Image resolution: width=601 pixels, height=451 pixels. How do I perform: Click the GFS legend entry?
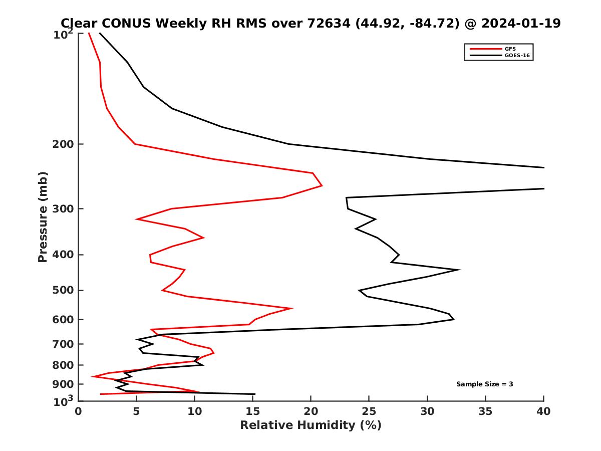(x=510, y=49)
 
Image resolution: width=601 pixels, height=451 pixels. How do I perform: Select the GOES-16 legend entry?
(x=515, y=55)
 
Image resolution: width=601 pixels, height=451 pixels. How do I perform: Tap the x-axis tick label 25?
(x=369, y=412)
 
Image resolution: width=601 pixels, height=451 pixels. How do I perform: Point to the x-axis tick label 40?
(x=543, y=412)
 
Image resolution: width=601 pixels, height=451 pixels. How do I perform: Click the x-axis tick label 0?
(x=79, y=412)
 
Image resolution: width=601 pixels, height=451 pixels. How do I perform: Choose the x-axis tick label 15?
(x=253, y=412)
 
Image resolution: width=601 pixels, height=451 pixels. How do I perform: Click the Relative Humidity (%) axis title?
(x=311, y=425)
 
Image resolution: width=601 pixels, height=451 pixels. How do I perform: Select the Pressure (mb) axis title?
(x=43, y=217)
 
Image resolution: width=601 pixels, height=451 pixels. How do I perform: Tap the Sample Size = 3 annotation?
(x=484, y=384)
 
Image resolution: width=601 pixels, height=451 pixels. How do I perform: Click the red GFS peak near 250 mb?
(x=322, y=186)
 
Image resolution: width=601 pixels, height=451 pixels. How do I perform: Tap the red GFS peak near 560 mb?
(x=292, y=308)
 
